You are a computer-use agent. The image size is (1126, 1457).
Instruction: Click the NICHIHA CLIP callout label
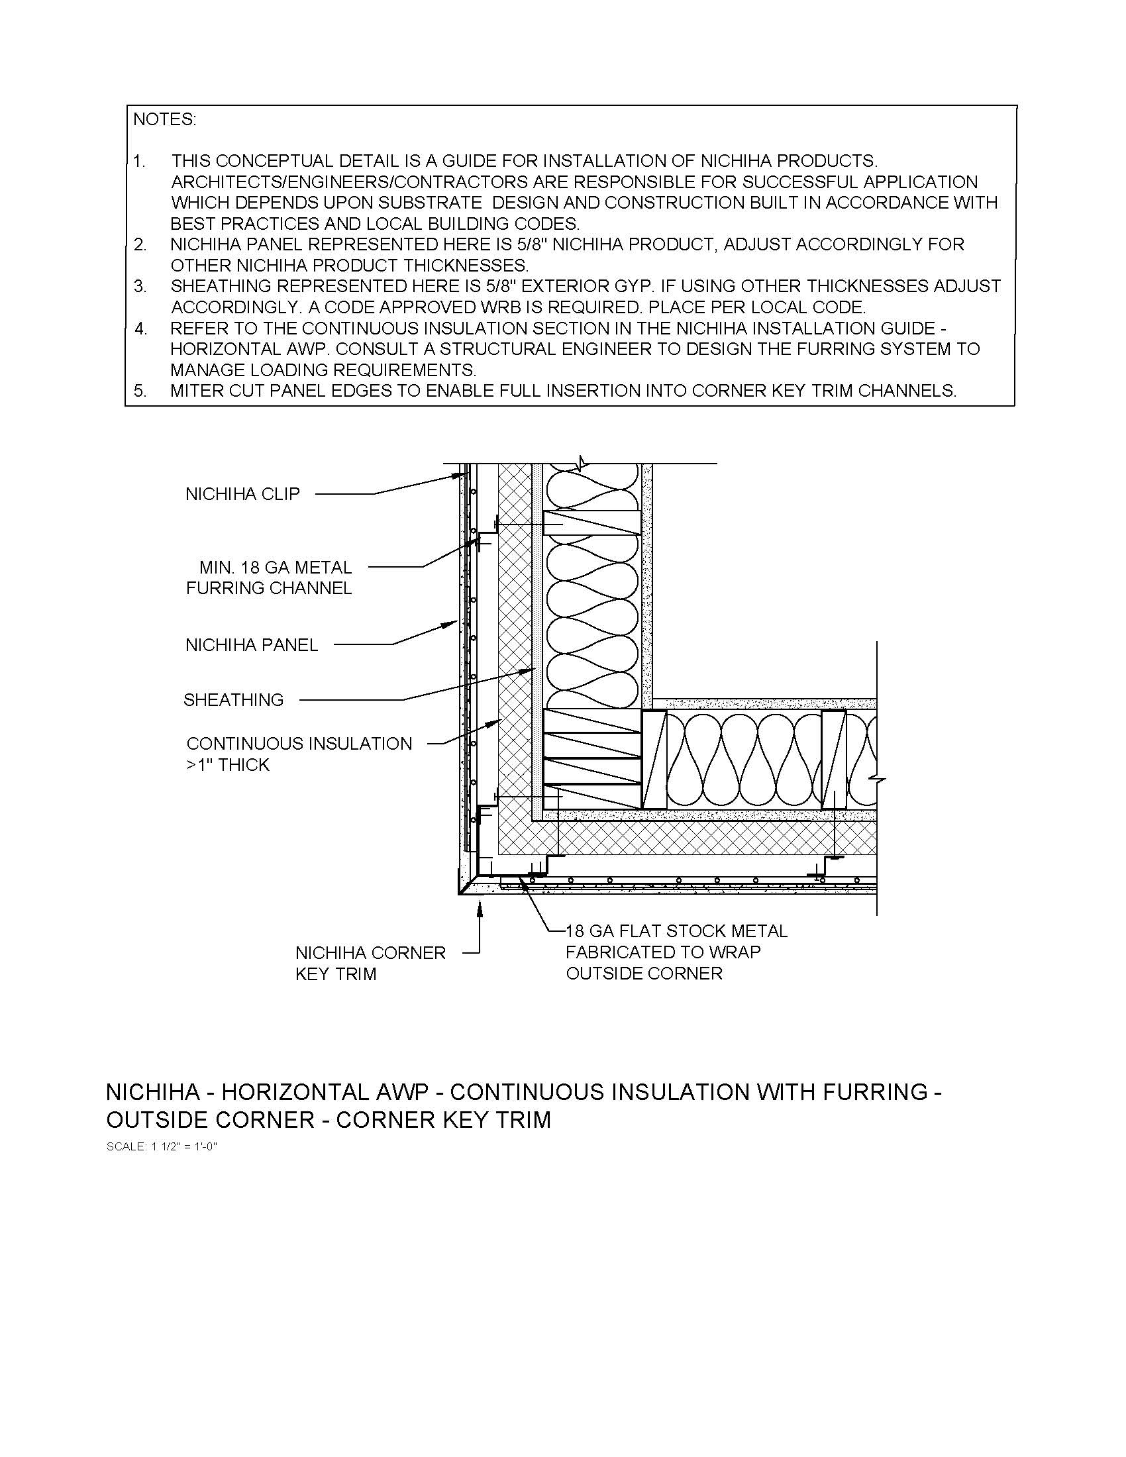[x=242, y=494]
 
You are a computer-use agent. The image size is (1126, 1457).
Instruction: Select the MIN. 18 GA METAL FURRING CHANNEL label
[x=270, y=578]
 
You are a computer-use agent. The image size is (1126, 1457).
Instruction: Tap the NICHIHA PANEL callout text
[x=252, y=645]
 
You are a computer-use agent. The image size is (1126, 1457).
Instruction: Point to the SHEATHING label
[x=233, y=700]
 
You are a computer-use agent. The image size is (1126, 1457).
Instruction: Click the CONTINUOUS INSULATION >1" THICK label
[x=299, y=754]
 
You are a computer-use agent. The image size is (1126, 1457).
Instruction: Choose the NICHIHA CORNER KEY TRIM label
[x=370, y=964]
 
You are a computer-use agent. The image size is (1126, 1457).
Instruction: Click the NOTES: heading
[x=165, y=119]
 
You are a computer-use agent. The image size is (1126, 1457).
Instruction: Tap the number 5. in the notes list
[x=140, y=391]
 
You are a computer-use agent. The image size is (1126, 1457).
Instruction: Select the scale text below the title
[x=162, y=1147]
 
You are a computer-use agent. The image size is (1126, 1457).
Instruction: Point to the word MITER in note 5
[x=197, y=391]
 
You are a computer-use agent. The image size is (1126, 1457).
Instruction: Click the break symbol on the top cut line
[x=582, y=462]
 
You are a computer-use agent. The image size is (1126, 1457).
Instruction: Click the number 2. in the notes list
[x=140, y=245]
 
